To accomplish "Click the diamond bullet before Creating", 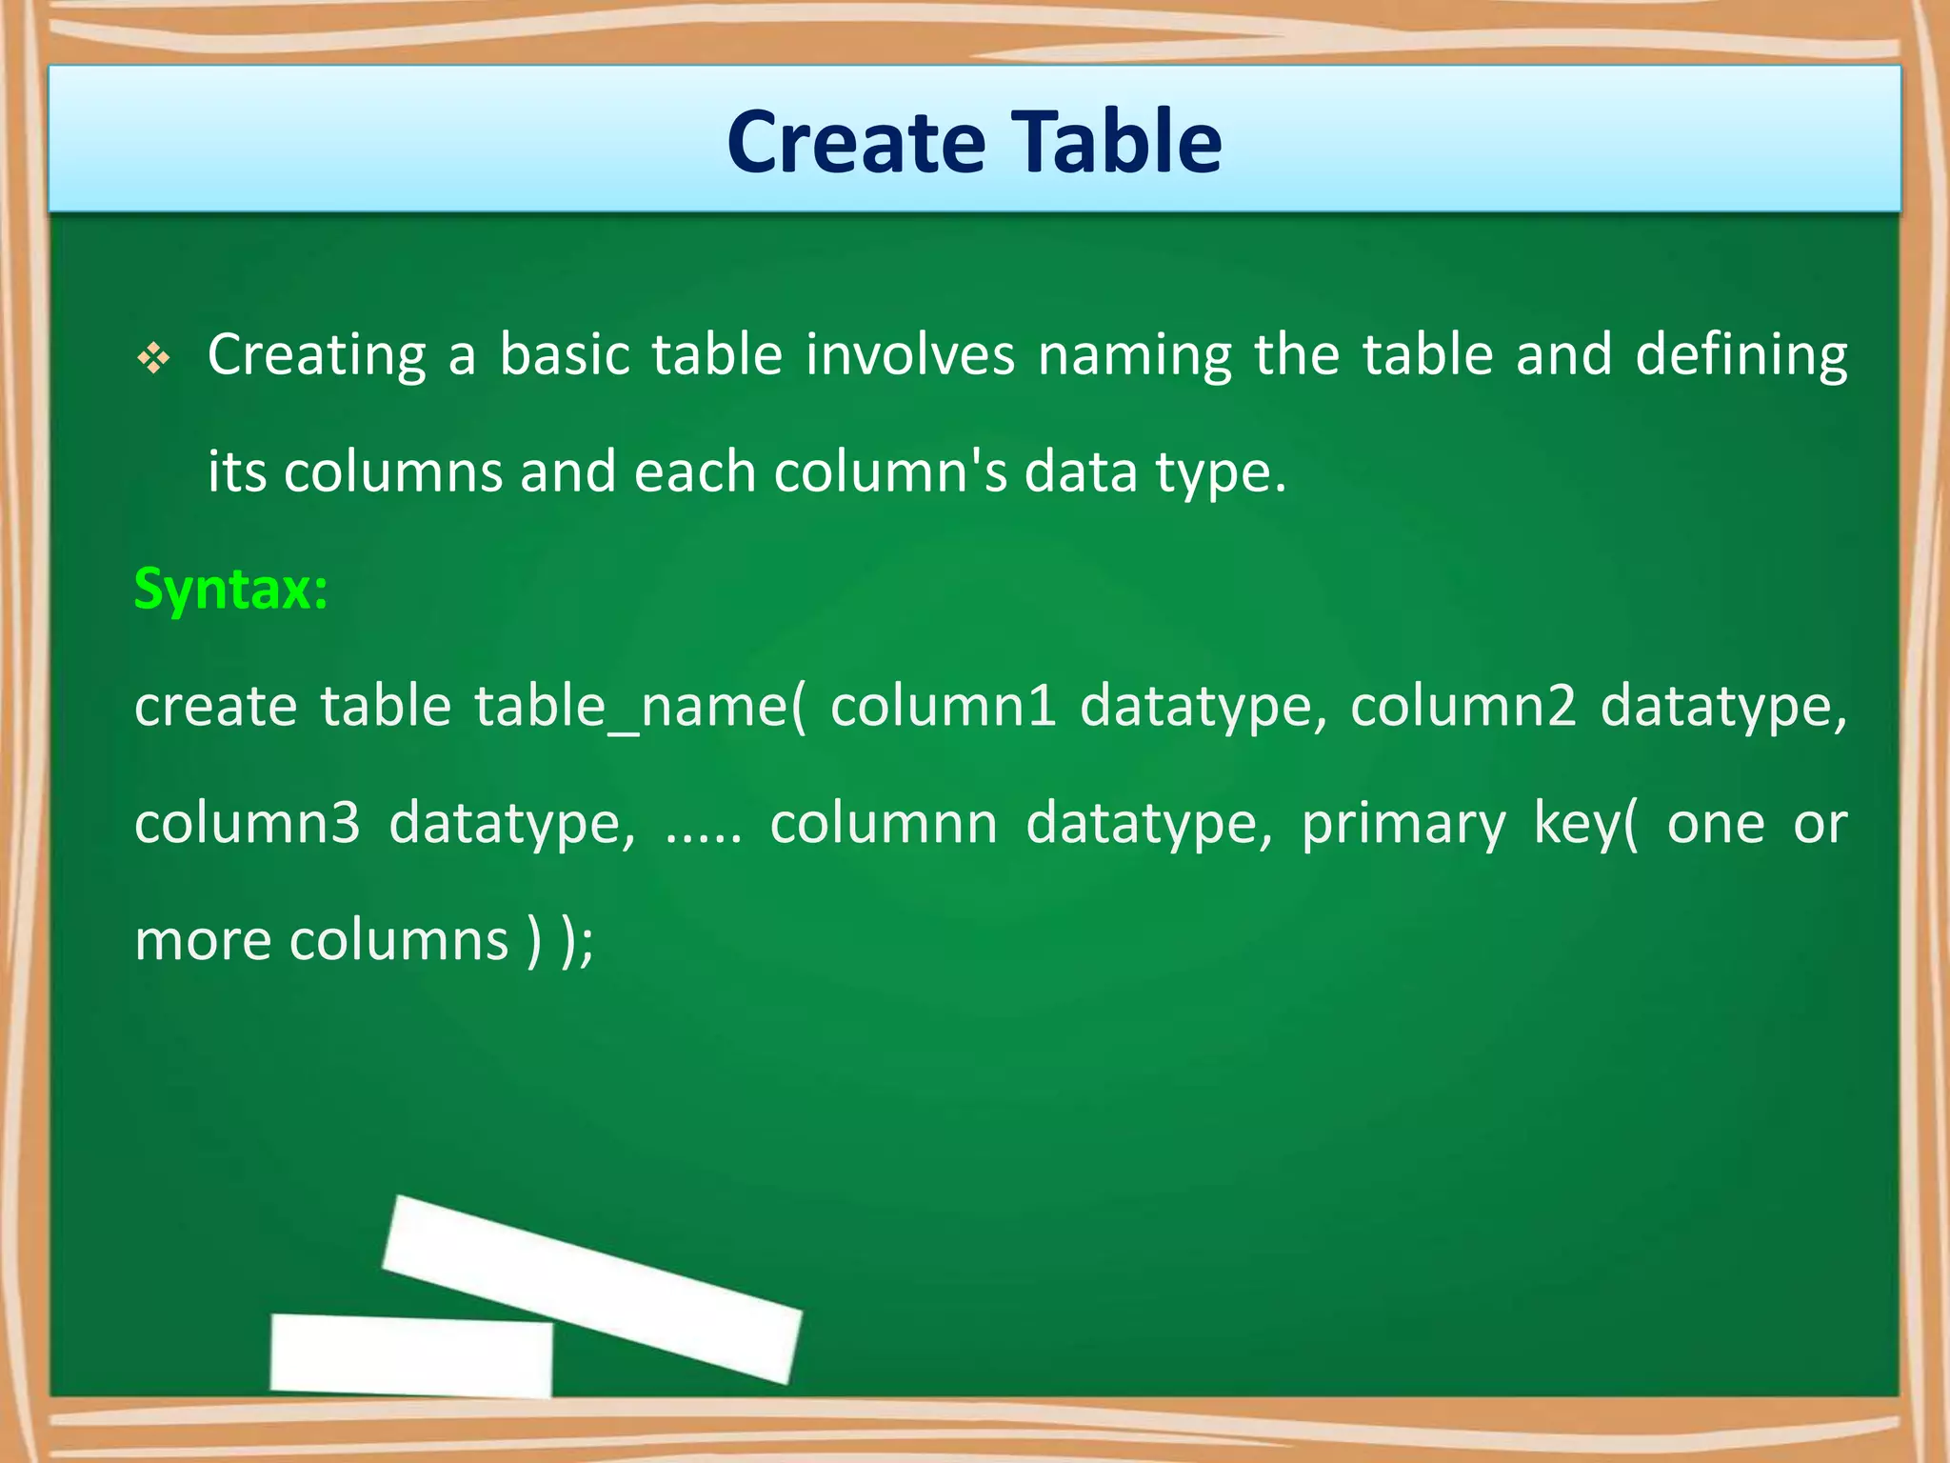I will tap(153, 359).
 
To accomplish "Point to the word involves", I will tap(910, 355).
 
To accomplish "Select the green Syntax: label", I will tap(231, 590).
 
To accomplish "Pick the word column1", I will tap(943, 707).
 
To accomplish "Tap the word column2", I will tap(1462, 707).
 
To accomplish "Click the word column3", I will tap(248, 824).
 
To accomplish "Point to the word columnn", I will tap(884, 824).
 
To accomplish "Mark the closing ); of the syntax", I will tap(577, 942).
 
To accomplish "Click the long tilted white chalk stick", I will tap(592, 1288).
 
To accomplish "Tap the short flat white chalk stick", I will tap(411, 1354).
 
